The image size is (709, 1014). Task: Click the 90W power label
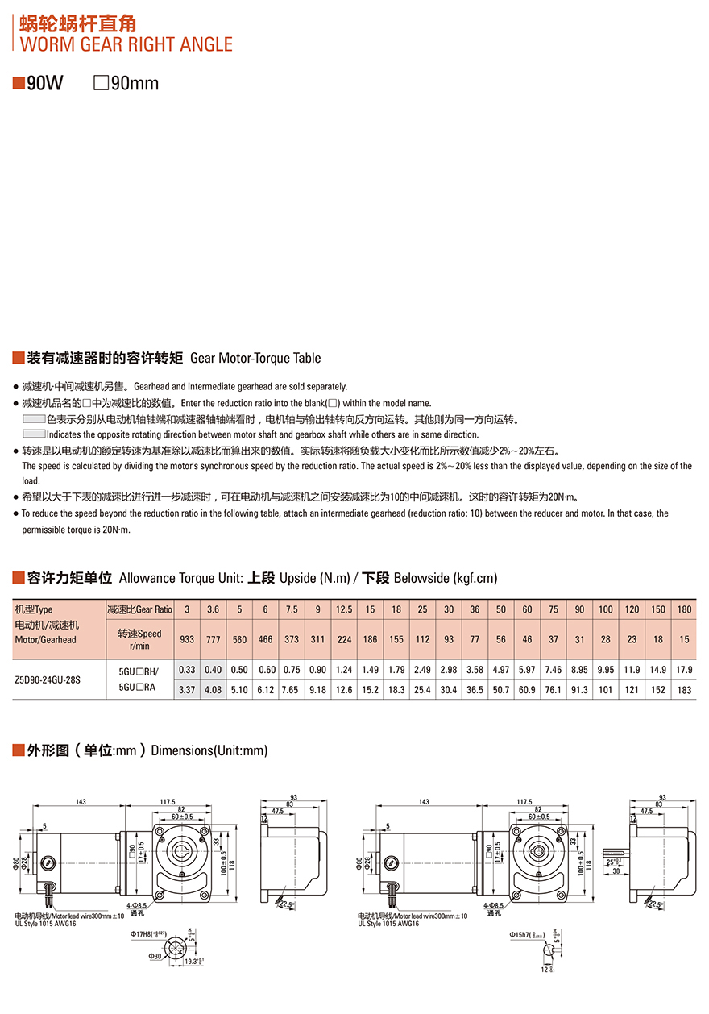point(44,83)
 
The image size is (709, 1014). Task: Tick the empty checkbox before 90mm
point(101,83)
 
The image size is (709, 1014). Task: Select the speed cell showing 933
point(187,639)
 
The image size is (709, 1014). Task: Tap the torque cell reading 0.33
point(187,670)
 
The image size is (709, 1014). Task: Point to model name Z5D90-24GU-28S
point(48,679)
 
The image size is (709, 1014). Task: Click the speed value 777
point(213,639)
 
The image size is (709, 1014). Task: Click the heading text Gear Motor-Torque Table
point(255,358)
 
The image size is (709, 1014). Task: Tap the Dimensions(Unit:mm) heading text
point(209,750)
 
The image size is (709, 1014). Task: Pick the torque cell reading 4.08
point(213,690)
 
